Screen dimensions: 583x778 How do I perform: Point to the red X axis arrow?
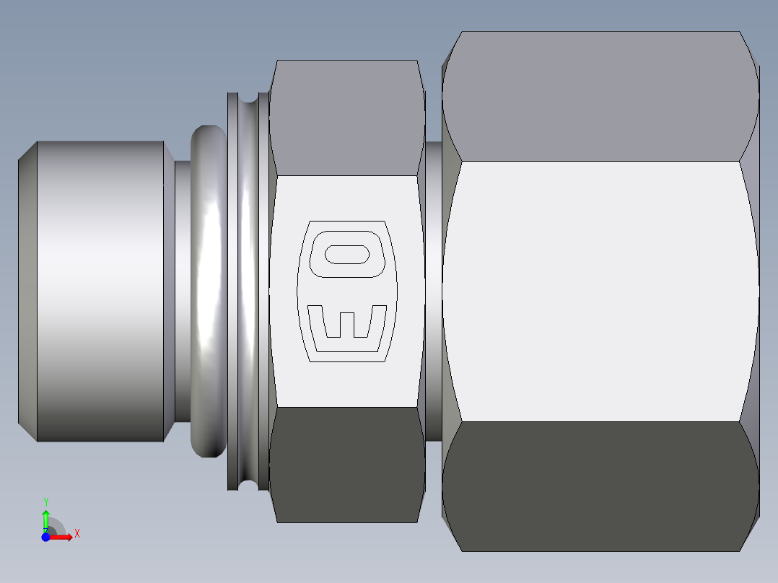click(x=64, y=537)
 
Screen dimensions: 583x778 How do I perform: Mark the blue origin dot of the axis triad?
click(x=45, y=537)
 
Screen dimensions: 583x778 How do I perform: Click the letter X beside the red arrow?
click(x=77, y=534)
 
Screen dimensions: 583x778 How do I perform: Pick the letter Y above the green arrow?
click(x=46, y=501)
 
